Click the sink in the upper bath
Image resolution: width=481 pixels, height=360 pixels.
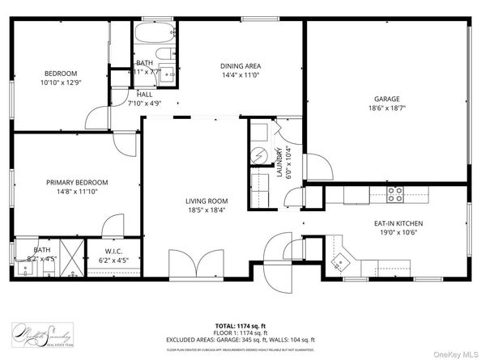point(169,73)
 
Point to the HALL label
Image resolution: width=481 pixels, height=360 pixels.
point(144,94)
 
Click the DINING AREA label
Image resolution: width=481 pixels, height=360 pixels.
point(240,66)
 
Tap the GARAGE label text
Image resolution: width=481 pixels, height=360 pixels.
point(386,99)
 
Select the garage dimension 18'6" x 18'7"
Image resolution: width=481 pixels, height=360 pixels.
point(386,108)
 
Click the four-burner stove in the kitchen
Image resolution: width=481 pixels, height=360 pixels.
point(395,194)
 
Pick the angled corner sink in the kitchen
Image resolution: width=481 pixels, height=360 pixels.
point(343,261)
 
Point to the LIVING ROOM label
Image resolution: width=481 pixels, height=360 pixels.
point(206,201)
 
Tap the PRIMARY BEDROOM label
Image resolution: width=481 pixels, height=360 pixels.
point(76,182)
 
